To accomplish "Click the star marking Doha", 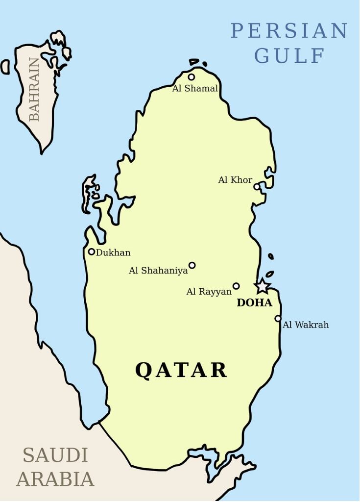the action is pos(263,286).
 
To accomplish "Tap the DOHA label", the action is pos(254,303).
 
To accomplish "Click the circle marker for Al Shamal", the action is pos(191,77).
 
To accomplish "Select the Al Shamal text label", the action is pos(195,89).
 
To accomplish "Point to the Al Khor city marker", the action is pos(257,186).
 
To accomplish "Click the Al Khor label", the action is pos(235,180).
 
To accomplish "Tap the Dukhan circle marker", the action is pos(92,251).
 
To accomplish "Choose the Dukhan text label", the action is pos(113,253).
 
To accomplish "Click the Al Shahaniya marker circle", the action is pos(192,265).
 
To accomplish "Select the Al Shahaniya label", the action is pos(158,271).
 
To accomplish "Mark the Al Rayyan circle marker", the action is pos(236,286).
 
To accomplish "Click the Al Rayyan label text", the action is pos(209,292).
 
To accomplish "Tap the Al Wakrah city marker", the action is pos(278,318).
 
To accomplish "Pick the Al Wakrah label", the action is pos(306,325).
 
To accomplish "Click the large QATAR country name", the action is pos(181,370).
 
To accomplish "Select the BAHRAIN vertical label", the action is pos(34,89).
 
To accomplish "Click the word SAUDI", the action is pos(55,455).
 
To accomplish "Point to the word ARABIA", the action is pos(55,479).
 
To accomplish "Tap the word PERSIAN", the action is pos(289,31).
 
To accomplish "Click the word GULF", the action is pos(289,56).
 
